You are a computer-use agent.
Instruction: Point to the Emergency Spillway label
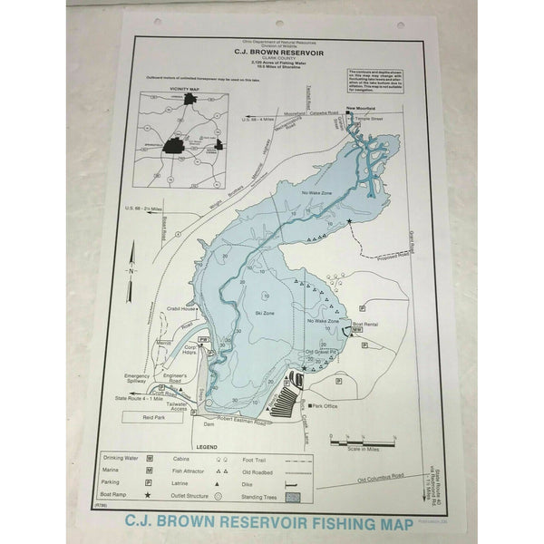[x=138, y=380]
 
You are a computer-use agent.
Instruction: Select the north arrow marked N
[x=132, y=270]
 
